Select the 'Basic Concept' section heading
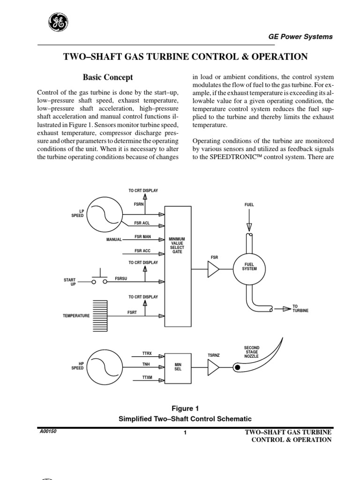[108, 77]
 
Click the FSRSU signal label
[121, 278]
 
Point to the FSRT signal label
[132, 312]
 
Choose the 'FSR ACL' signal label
[142, 223]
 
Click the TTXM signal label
[147, 377]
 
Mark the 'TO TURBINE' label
[300, 308]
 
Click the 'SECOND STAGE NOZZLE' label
[252, 352]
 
